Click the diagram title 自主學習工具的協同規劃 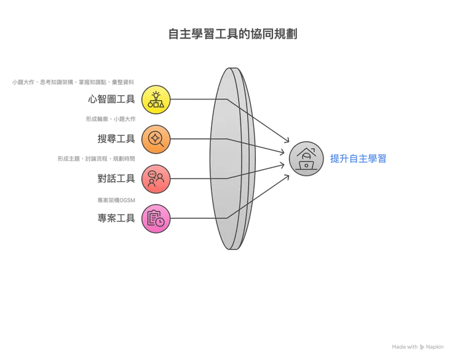pyautogui.click(x=232, y=34)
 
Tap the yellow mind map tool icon pyautogui.click(x=156, y=100)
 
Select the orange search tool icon pyautogui.click(x=156, y=139)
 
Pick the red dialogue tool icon pyautogui.click(x=156, y=179)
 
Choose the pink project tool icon pyautogui.click(x=156, y=219)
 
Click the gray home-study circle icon pyautogui.click(x=306, y=158)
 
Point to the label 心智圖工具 pyautogui.click(x=111, y=99)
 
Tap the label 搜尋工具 pyautogui.click(x=116, y=139)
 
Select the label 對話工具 pyautogui.click(x=116, y=179)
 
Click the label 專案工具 pyautogui.click(x=116, y=218)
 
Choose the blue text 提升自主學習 pyautogui.click(x=358, y=158)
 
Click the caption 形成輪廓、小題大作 pyautogui.click(x=111, y=119)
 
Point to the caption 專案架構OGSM pyautogui.click(x=116, y=200)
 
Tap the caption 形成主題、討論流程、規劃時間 pyautogui.click(x=96, y=158)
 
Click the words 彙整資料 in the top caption pyautogui.click(x=123, y=82)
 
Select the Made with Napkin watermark pyautogui.click(x=417, y=347)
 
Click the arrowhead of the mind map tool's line pyautogui.click(x=287, y=141)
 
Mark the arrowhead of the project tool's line pyautogui.click(x=287, y=176)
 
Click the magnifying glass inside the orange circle pyautogui.click(x=156, y=139)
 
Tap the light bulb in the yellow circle pyautogui.click(x=156, y=95)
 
